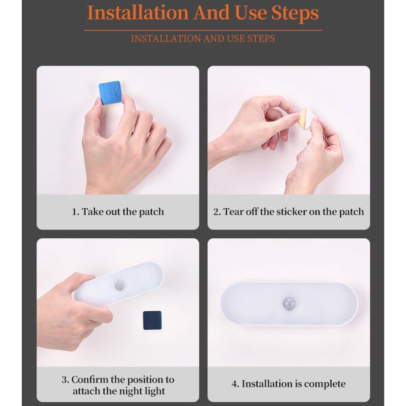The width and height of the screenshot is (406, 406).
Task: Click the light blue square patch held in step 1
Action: coord(110,92)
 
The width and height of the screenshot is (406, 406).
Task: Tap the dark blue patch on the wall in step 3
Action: coord(152,320)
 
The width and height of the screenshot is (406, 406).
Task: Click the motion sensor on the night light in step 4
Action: coord(289,303)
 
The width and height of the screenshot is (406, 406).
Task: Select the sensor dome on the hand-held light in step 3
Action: coord(119,286)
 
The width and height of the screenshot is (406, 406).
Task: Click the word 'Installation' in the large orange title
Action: coord(138,13)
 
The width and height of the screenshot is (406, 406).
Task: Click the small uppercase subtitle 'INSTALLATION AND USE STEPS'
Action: coord(203,39)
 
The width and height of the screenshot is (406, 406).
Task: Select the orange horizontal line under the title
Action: coord(203,30)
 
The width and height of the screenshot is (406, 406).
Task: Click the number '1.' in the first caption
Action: coord(75,212)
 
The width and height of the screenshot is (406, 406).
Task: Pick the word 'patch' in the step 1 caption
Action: coord(151,212)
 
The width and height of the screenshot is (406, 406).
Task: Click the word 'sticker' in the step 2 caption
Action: coord(292,212)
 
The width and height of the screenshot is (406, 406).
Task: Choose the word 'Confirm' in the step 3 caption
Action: coord(90,380)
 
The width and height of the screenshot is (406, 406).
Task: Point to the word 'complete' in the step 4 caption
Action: coord(325,384)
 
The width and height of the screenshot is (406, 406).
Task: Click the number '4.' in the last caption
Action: coord(235,384)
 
